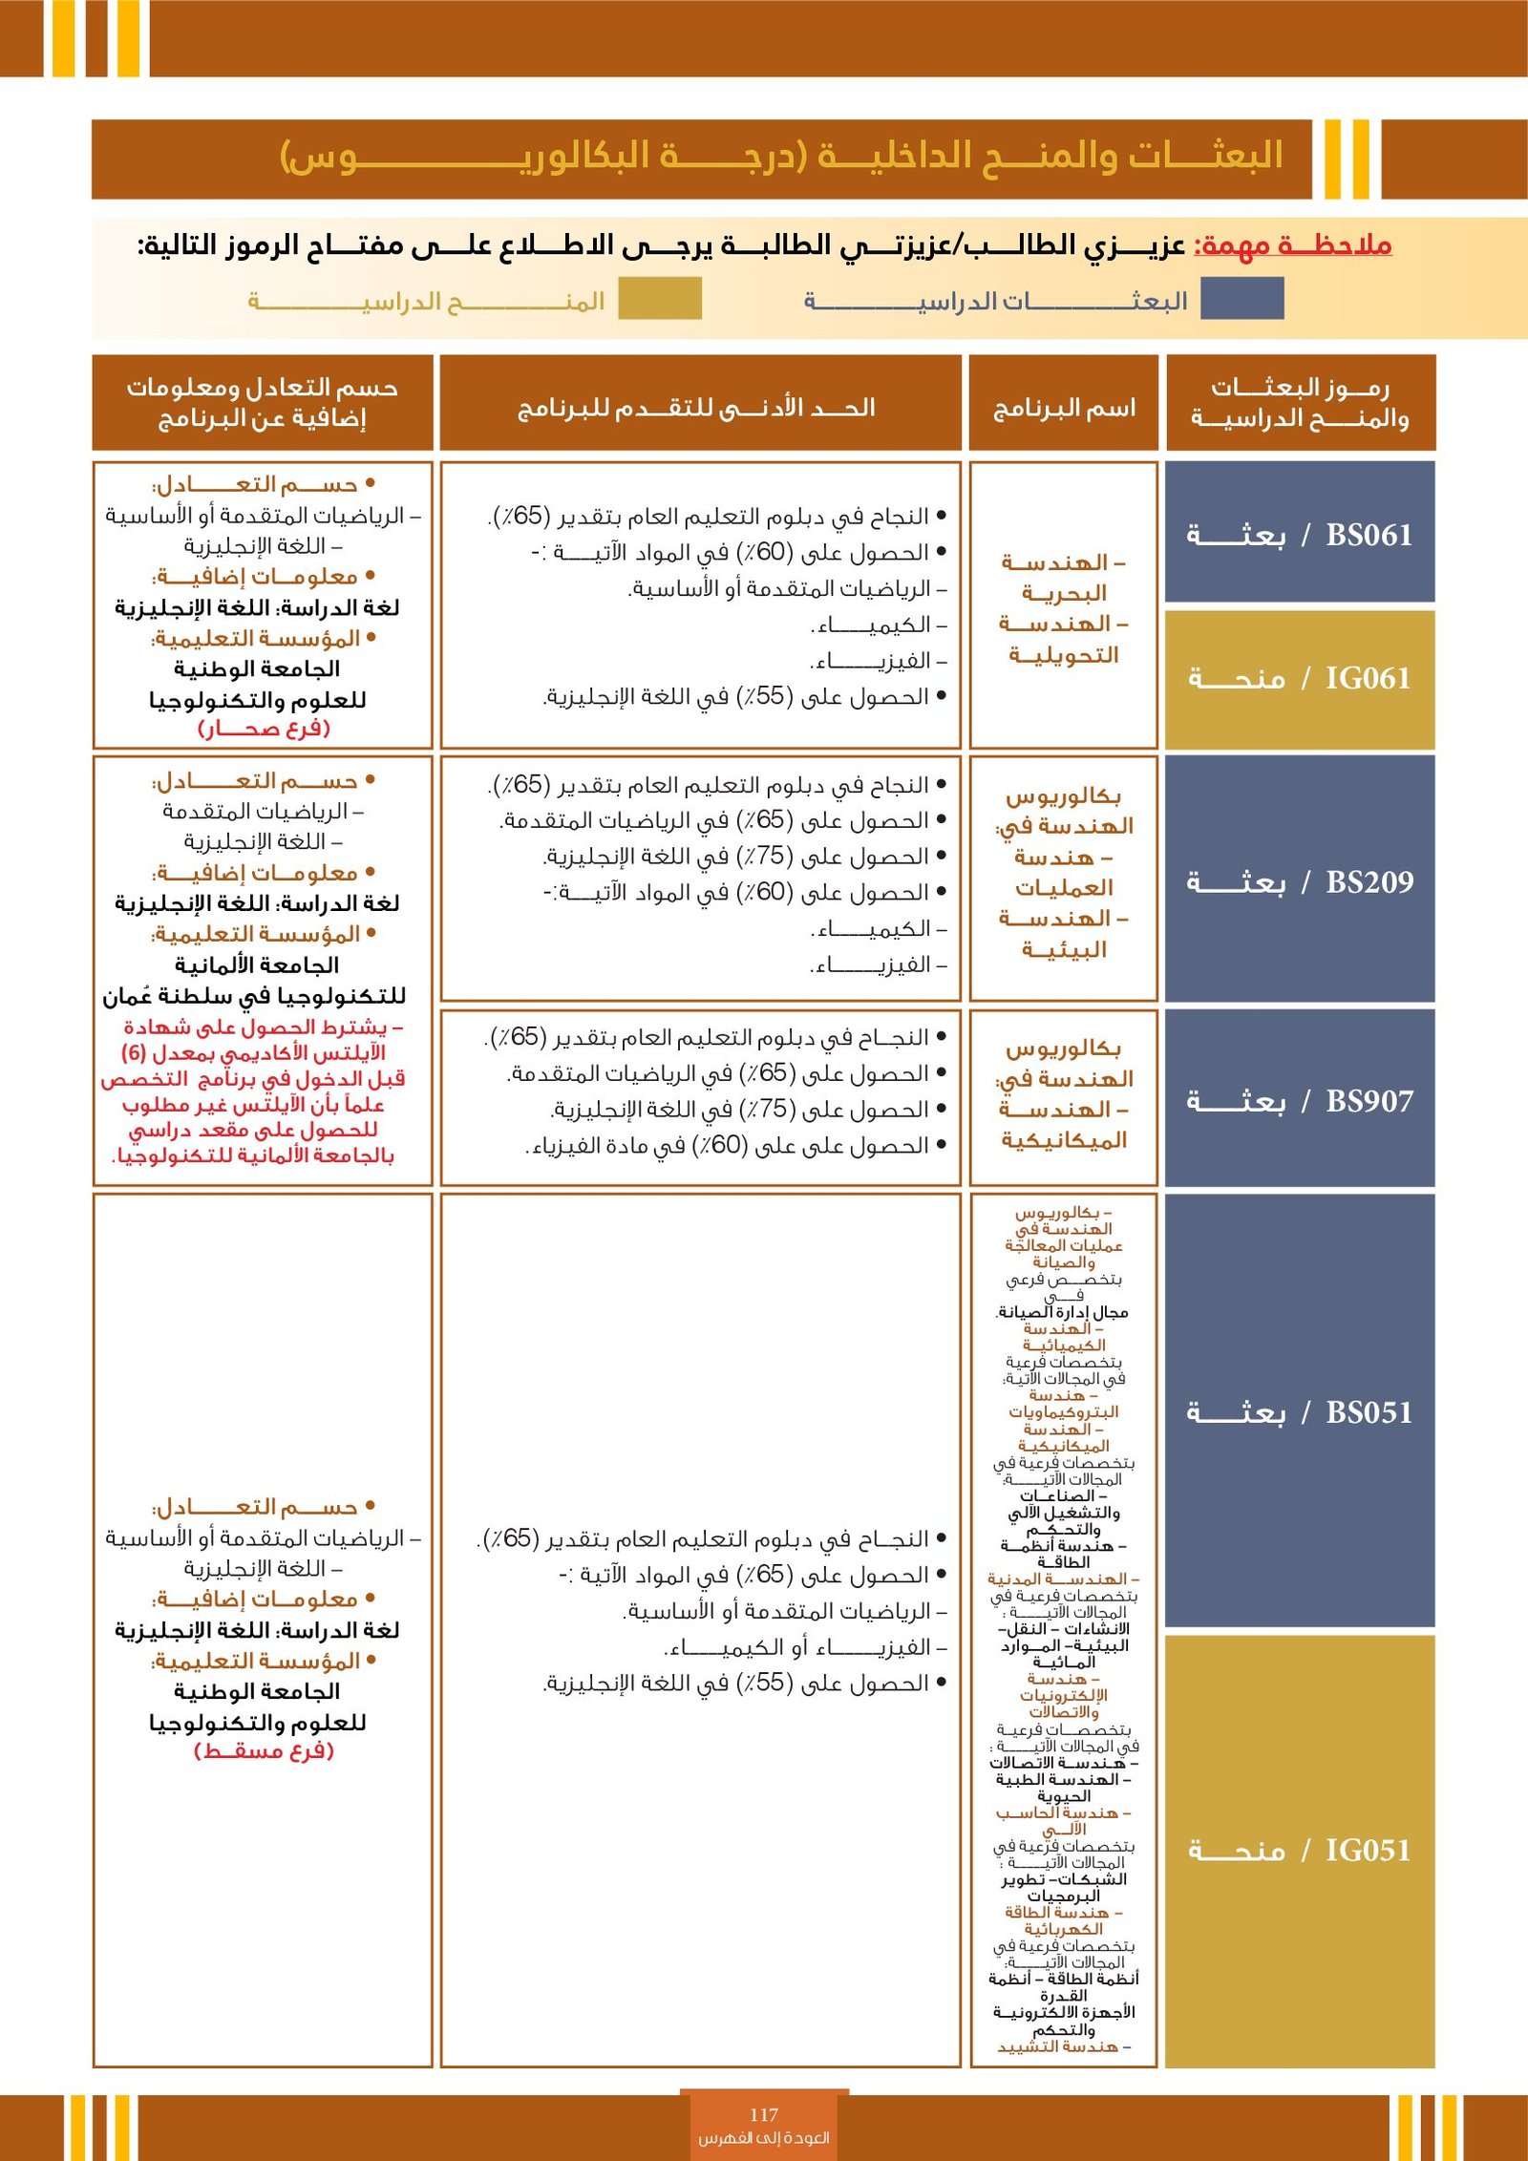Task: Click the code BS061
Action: click(x=1369, y=535)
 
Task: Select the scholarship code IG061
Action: click(x=1368, y=678)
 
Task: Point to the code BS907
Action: click(x=1369, y=1101)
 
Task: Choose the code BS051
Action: click(x=1369, y=1412)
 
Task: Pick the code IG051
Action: click(x=1368, y=1850)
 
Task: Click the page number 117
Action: click(x=764, y=2114)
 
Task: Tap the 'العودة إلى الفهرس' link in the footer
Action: click(x=764, y=2137)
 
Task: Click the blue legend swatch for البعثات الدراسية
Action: click(x=1241, y=298)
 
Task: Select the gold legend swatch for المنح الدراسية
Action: click(x=660, y=298)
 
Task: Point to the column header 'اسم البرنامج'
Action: click(x=1064, y=408)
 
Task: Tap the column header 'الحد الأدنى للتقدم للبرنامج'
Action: click(x=697, y=408)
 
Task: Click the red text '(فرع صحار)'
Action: click(x=264, y=728)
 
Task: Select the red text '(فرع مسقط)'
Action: click(x=264, y=1751)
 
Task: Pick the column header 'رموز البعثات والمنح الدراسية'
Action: click(x=1300, y=402)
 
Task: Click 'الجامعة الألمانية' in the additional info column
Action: click(x=257, y=964)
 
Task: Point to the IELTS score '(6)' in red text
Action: click(x=133, y=1052)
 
